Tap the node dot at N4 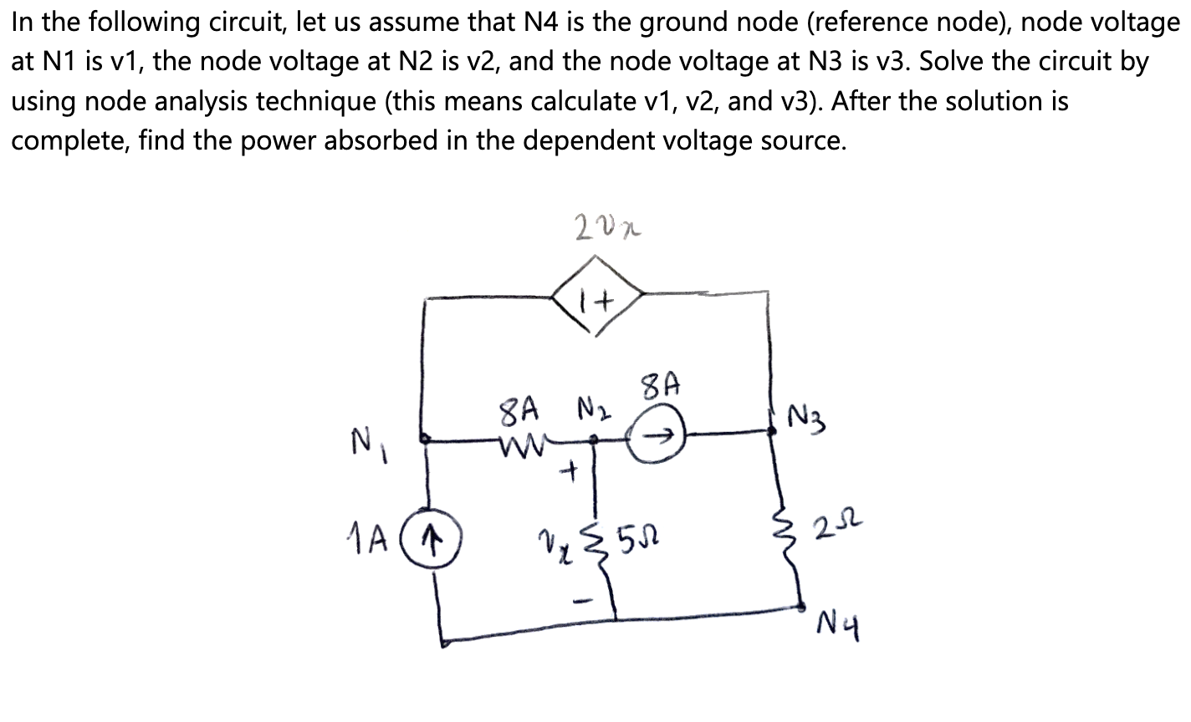[x=801, y=608]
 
